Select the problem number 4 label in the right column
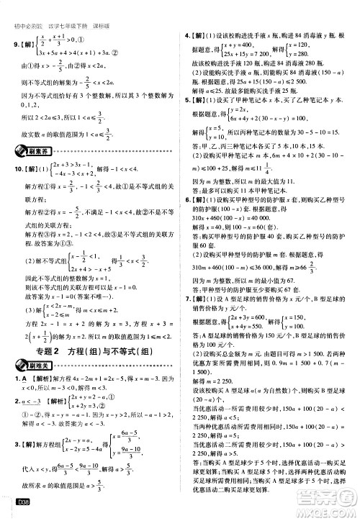[x=188, y=33]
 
